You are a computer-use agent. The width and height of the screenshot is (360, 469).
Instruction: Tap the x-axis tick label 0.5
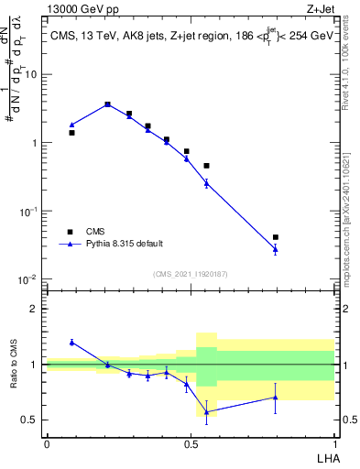pyautogui.click(x=191, y=442)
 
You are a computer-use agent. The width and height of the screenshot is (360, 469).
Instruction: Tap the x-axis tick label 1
pyautogui.click(x=333, y=442)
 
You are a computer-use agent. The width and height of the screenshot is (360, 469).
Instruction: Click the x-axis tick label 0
pyautogui.click(x=47, y=442)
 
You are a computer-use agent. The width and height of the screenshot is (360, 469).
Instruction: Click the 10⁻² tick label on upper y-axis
pyautogui.click(x=29, y=279)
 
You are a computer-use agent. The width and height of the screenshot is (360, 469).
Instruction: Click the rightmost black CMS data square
pyautogui.click(x=276, y=237)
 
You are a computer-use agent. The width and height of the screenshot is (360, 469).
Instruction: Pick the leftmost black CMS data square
pyautogui.click(x=71, y=133)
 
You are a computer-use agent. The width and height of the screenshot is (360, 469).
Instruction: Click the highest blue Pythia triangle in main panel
pyautogui.click(x=107, y=104)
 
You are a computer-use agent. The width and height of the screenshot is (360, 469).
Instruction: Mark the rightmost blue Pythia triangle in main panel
pyautogui.click(x=276, y=248)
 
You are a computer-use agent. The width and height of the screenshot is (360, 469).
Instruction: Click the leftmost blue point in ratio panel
pyautogui.click(x=71, y=342)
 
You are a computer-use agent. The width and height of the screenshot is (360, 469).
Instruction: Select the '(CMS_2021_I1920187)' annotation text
pyautogui.click(x=190, y=275)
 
